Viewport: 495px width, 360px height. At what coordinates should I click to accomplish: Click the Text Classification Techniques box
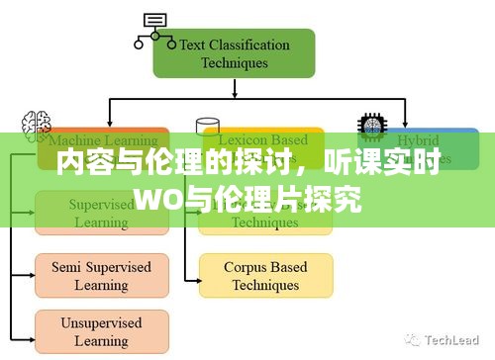[x=234, y=53]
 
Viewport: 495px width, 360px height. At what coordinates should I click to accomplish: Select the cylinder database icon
[x=208, y=126]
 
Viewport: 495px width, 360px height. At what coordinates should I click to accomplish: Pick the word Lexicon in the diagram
[x=244, y=140]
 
